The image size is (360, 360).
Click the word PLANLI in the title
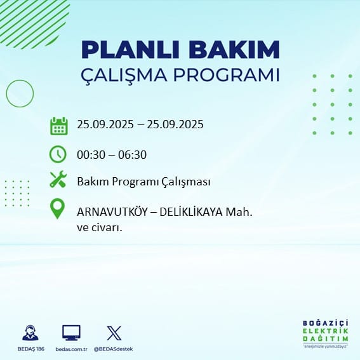[130, 50]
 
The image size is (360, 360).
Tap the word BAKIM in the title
[234, 50]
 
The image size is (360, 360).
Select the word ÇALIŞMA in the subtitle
[124, 76]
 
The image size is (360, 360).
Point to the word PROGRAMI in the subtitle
[227, 75]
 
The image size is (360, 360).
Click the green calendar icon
[59, 126]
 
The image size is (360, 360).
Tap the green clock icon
[58, 154]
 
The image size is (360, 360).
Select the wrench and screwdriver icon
[58, 179]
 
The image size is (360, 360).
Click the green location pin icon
[57, 209]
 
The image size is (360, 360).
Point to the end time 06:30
[132, 155]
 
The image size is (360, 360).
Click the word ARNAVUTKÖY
[112, 211]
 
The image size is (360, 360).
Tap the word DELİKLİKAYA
[191, 211]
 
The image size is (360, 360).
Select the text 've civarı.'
[99, 228]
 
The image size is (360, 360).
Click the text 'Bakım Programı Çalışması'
[143, 182]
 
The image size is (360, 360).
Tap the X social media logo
[114, 333]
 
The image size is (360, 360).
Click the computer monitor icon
[71, 333]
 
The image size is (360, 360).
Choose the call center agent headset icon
[30, 333]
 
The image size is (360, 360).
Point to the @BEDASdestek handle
[113, 349]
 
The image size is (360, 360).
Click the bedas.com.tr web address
[71, 349]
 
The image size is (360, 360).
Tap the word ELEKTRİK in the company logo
[325, 331]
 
